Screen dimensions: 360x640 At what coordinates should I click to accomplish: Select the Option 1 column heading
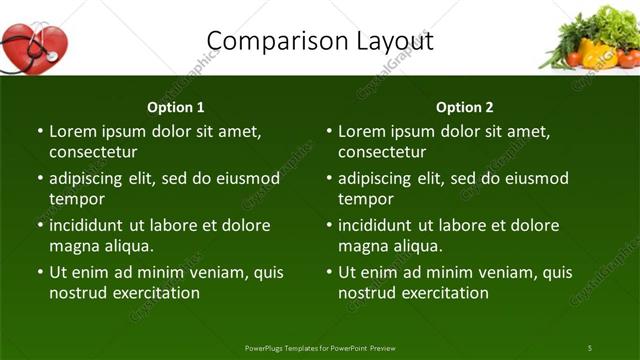(176, 107)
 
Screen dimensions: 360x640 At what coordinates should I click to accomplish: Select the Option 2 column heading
(465, 107)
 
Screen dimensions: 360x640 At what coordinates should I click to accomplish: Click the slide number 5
(590, 347)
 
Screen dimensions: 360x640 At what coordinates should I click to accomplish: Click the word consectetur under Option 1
(93, 152)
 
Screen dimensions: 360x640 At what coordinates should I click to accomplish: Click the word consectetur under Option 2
(382, 152)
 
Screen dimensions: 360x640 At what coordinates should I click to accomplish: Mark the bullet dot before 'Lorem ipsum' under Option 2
(329, 132)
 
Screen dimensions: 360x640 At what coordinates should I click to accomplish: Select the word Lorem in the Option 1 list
(73, 131)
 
